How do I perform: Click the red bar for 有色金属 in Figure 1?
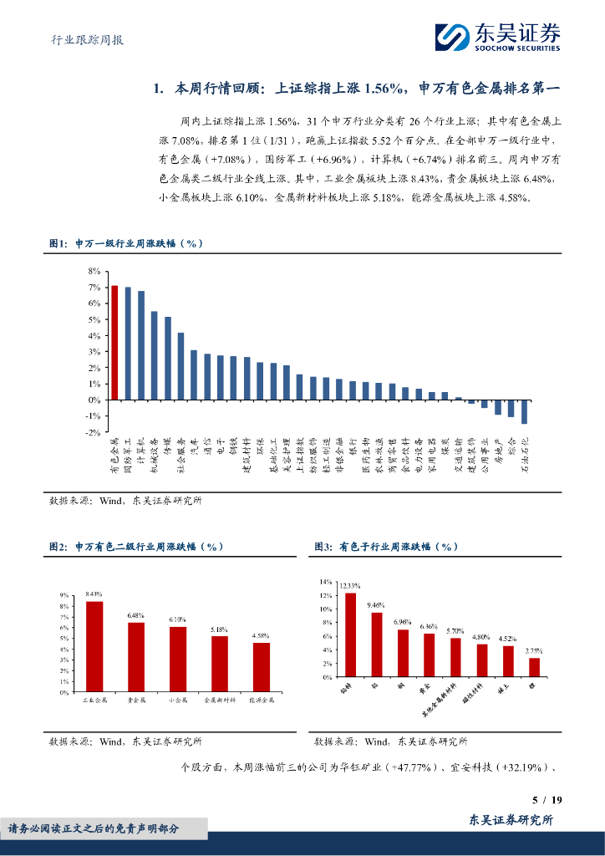tap(114, 343)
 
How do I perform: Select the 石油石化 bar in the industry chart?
tap(524, 412)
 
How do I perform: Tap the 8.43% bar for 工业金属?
tap(94, 646)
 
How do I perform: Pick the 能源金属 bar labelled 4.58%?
tap(262, 667)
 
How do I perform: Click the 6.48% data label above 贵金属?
tap(136, 616)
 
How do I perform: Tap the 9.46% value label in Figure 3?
tap(377, 605)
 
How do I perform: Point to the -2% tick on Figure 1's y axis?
tap(93, 432)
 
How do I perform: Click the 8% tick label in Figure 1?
tap(94, 272)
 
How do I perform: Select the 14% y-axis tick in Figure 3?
tap(326, 580)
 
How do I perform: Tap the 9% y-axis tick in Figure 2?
tap(64, 595)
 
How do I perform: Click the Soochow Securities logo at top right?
tap(497, 38)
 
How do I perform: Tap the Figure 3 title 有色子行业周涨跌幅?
tap(387, 546)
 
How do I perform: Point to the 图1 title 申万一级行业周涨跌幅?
tap(127, 243)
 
